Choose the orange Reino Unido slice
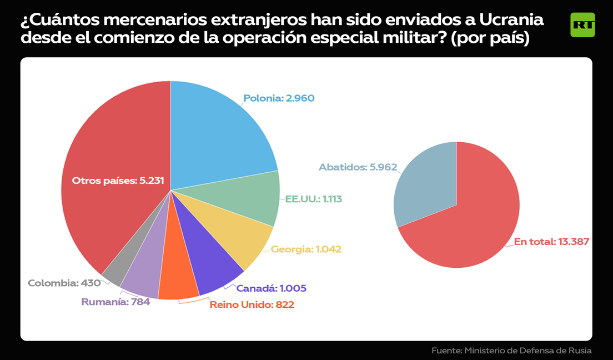(x=179, y=278)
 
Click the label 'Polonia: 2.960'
(x=279, y=98)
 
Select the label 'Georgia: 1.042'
(x=306, y=249)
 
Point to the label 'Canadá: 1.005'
(x=271, y=288)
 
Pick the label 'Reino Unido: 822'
(x=252, y=304)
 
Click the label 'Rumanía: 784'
(x=115, y=302)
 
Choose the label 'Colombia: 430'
(x=64, y=283)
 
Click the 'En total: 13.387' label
(x=551, y=242)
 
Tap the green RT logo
(x=582, y=25)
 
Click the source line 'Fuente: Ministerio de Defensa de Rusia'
(x=511, y=351)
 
